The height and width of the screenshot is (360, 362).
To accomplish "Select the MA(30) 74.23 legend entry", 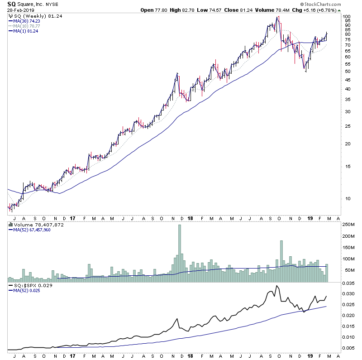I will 27,21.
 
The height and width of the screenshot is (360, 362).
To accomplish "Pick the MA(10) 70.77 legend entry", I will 27,26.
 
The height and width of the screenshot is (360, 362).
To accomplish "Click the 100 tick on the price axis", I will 346,17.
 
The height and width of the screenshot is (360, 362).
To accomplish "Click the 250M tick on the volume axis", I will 348,225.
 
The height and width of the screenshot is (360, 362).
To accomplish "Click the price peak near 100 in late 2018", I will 278,17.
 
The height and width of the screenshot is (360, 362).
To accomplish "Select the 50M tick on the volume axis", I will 348,271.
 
